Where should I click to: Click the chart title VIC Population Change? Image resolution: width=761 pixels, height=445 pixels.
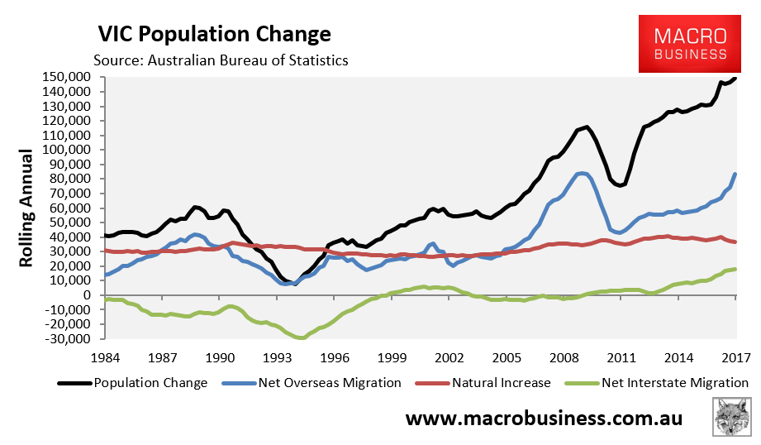click(x=214, y=34)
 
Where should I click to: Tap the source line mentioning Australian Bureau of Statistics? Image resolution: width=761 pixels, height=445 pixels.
click(x=221, y=60)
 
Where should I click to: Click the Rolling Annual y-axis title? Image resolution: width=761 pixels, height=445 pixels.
click(x=26, y=208)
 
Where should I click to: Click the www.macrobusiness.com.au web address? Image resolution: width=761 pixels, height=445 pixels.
click(x=544, y=418)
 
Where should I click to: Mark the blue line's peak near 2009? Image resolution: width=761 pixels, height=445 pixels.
click(x=583, y=173)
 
